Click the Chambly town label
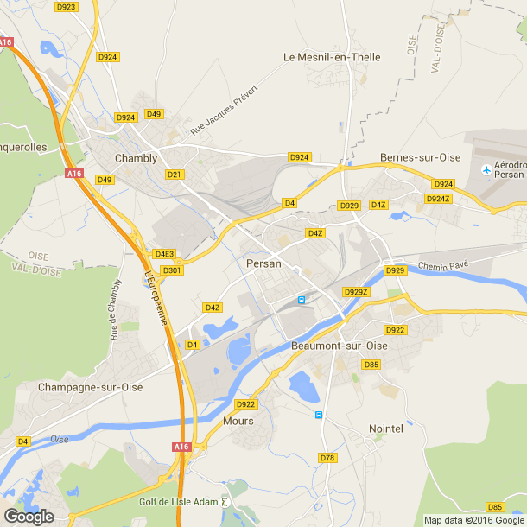pos(137,158)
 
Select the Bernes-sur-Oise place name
pos(420,158)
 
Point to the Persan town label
pos(263,263)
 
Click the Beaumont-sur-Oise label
pos(340,346)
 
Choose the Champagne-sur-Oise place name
pos(90,388)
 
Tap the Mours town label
pos(238,421)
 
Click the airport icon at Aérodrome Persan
pos(486,168)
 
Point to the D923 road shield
pos(66,6)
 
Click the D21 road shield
pos(175,175)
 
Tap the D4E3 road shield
pos(164,254)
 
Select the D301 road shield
pos(173,270)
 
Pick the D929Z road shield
pos(356,292)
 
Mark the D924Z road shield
pos(437,199)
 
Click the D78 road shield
pos(327,458)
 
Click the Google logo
pos(29,516)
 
